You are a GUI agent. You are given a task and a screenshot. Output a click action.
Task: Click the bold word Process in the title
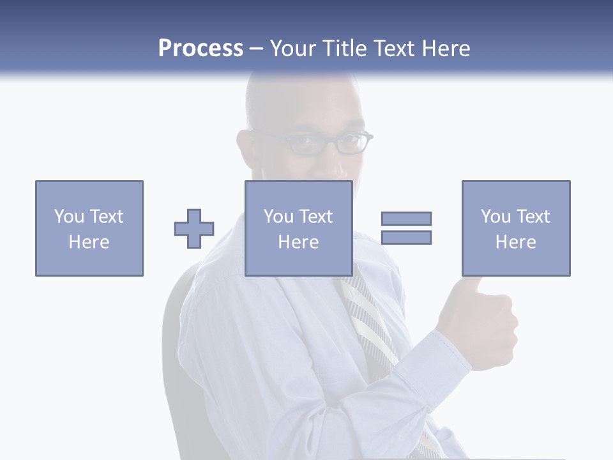point(201,49)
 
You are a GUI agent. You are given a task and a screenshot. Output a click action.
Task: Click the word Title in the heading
point(344,49)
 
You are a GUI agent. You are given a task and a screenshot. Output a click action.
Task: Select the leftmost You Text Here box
point(89,228)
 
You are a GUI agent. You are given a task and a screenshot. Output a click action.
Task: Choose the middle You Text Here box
point(299,228)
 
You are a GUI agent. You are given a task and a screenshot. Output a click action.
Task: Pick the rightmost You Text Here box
point(516,228)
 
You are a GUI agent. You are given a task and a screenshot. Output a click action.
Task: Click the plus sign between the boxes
point(194,229)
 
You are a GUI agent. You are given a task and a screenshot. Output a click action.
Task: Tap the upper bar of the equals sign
point(407,218)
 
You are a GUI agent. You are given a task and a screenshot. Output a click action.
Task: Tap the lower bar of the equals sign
point(407,238)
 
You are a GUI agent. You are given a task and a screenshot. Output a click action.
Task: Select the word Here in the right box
point(516,242)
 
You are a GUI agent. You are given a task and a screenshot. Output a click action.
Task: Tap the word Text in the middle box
point(316,217)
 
